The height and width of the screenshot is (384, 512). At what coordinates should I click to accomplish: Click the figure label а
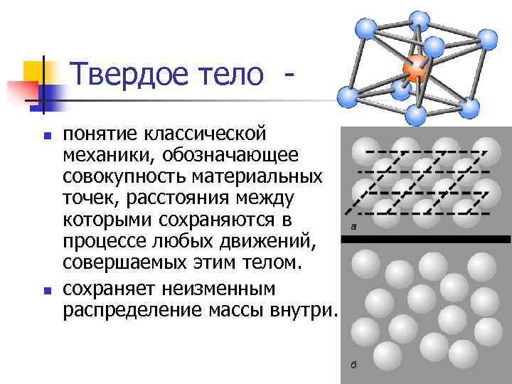coord(353,226)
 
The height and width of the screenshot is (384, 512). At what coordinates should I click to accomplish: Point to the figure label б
coord(353,365)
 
